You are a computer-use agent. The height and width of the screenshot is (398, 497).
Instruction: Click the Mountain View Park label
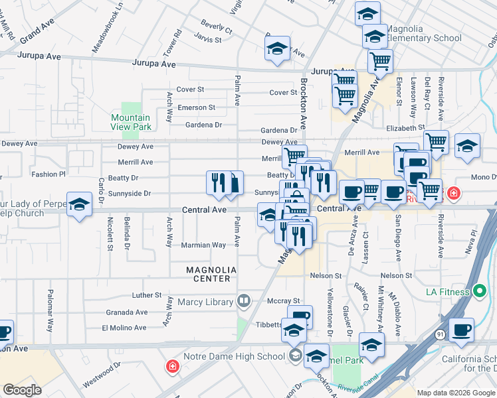pyautogui.click(x=131, y=122)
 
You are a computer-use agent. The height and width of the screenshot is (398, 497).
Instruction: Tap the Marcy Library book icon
pyautogui.click(x=244, y=302)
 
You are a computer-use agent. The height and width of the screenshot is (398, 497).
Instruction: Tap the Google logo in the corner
pyautogui.click(x=22, y=389)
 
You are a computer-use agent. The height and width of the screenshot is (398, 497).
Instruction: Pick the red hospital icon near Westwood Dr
pyautogui.click(x=172, y=365)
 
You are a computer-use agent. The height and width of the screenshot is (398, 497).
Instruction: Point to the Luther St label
pyautogui.click(x=147, y=295)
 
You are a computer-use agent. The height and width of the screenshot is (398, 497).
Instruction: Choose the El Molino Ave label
pyautogui.click(x=124, y=328)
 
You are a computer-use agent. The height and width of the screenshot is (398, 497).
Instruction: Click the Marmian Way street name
pyautogui.click(x=203, y=245)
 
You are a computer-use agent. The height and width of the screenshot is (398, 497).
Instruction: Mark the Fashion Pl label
pyautogui.click(x=49, y=174)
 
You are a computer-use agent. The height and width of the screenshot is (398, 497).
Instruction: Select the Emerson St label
pyautogui.click(x=196, y=107)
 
